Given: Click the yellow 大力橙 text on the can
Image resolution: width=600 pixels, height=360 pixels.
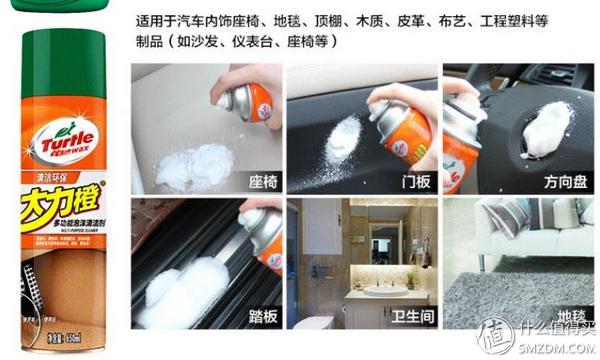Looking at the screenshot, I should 54,212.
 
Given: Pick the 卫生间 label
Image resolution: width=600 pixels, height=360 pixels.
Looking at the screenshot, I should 408,316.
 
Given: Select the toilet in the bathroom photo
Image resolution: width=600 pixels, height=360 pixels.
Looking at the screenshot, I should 319,323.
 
